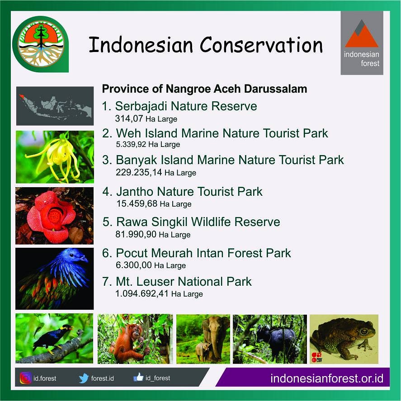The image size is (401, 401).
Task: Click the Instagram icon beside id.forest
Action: [25, 378]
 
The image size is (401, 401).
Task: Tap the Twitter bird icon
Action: [83, 378]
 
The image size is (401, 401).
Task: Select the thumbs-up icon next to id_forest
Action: [138, 377]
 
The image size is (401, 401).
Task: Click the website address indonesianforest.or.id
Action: [326, 378]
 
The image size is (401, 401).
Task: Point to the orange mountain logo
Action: [362, 36]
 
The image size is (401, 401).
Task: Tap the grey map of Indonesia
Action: [54, 106]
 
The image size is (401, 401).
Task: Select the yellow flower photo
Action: [55, 156]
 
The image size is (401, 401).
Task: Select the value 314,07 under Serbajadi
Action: [128, 119]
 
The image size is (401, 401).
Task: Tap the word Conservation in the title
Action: [261, 45]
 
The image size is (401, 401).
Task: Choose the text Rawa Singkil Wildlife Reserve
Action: [198, 222]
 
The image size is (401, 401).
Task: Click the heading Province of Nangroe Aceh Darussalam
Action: [204, 89]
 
